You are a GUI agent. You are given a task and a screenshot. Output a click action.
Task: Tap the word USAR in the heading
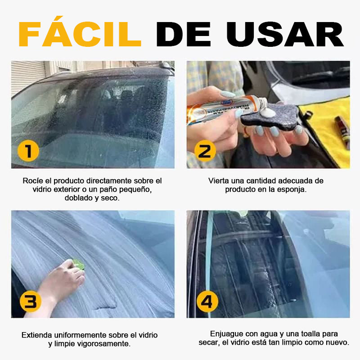[285, 35]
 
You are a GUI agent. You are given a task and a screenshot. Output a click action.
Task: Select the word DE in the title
[183, 35]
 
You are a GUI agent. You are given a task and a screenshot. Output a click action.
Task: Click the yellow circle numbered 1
[28, 151]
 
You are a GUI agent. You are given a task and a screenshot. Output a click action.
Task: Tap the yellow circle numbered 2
[205, 151]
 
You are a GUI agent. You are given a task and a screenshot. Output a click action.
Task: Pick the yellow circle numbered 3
[30, 301]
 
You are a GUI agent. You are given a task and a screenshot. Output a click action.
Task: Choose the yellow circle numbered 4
[207, 301]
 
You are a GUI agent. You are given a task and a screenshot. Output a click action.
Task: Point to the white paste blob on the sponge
[268, 112]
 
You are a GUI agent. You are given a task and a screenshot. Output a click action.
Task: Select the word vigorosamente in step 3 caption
[104, 344]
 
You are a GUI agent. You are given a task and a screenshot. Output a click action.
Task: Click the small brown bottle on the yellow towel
[342, 131]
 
